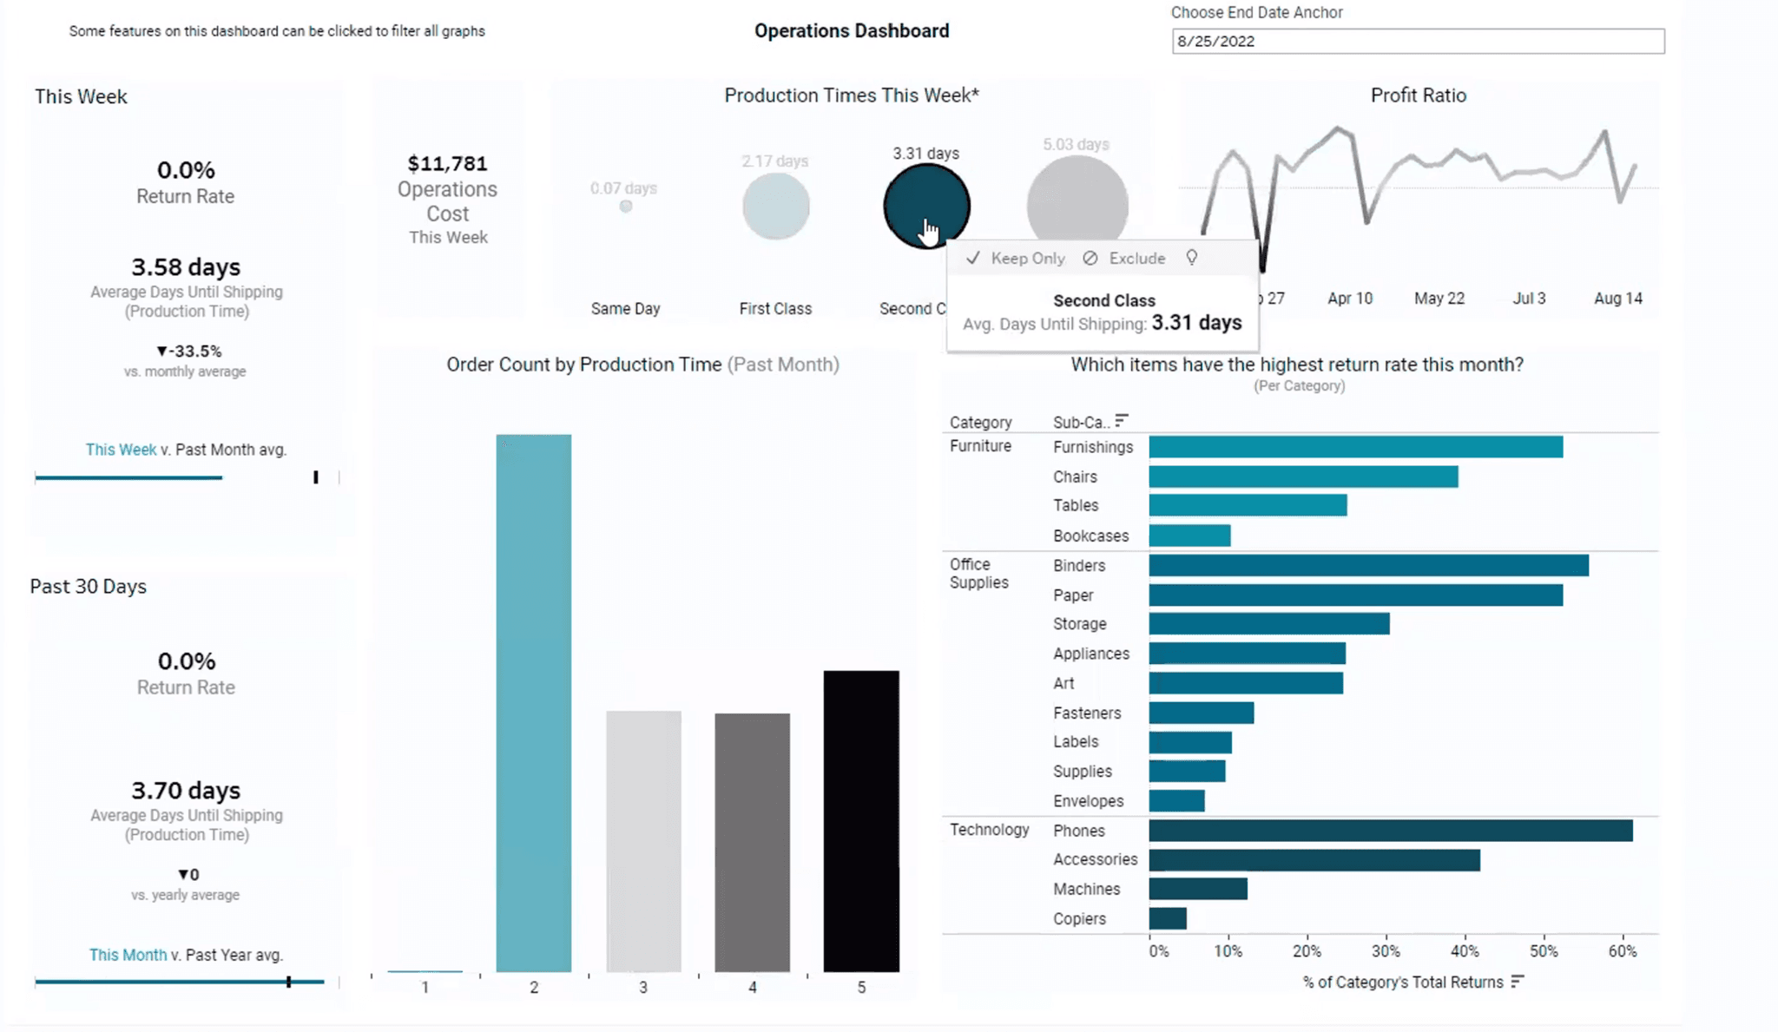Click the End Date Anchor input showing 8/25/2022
1417,42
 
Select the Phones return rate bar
1390,831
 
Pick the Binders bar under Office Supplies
1368,566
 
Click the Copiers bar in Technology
1168,918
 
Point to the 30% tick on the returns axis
1386,951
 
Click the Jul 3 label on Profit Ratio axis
1529,299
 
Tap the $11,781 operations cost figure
447,164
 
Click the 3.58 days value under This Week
186,267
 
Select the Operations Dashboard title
851,31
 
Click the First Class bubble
775,207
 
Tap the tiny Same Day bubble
625,207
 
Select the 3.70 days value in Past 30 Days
186,791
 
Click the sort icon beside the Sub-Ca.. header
1122,421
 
